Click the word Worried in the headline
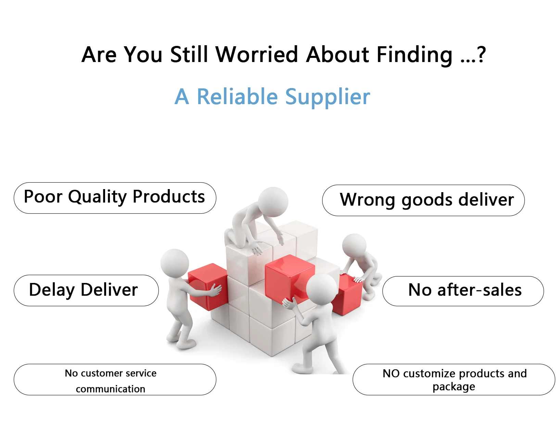click(x=257, y=54)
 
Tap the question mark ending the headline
click(x=481, y=54)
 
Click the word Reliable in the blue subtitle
click(x=237, y=97)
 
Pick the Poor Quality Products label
click(x=115, y=198)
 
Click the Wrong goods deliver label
click(x=423, y=200)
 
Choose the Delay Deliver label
click(x=86, y=290)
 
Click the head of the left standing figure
click(x=175, y=263)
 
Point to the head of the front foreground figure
click(x=322, y=289)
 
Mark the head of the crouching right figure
click(x=354, y=245)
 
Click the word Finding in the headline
click(x=414, y=54)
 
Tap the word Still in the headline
click(x=189, y=54)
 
